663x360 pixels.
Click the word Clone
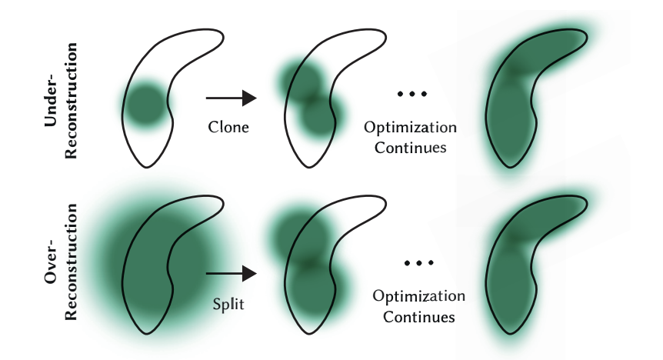point(228,127)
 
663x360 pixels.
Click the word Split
point(228,304)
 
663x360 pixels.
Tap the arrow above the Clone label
point(232,98)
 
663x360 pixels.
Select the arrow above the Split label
point(232,273)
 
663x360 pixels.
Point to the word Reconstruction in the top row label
point(71,101)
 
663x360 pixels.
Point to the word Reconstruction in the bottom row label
point(71,262)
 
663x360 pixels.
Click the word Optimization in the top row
point(410,128)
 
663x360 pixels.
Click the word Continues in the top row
point(410,148)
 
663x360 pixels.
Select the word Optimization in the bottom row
point(418,296)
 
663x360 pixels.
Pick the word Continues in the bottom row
point(418,317)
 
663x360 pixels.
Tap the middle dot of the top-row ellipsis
point(412,94)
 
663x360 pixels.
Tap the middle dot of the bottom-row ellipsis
point(418,263)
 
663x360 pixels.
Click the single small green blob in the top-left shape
point(145,104)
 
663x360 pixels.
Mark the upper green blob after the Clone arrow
point(300,80)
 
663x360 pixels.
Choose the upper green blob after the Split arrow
point(299,235)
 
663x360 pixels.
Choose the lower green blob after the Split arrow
point(315,288)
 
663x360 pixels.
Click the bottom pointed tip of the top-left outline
point(146,168)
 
